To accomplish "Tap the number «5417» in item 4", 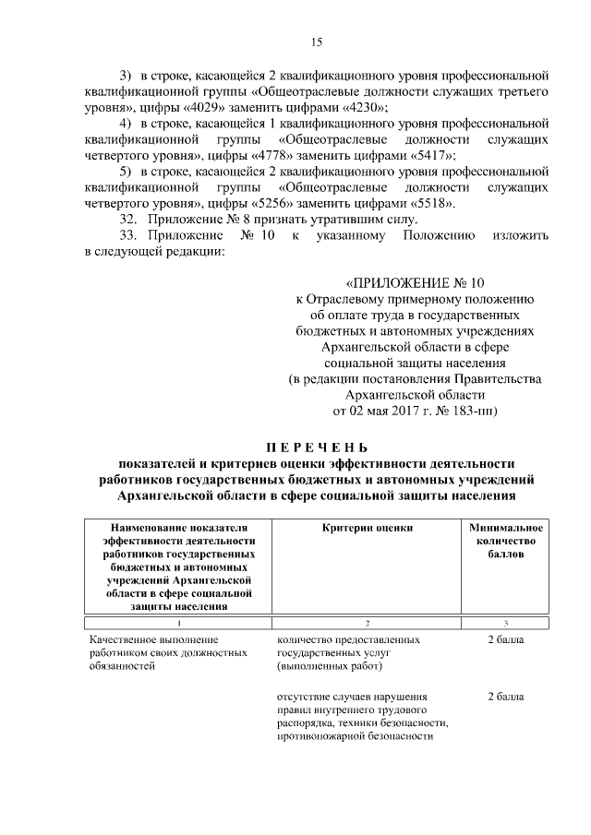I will tap(406, 155).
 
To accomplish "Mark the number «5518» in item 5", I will tap(406, 203).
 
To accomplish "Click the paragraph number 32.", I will tap(130, 220).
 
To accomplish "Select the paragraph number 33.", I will tap(130, 235).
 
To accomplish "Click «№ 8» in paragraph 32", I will tap(246, 220).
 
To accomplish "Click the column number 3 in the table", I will tap(504, 624).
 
